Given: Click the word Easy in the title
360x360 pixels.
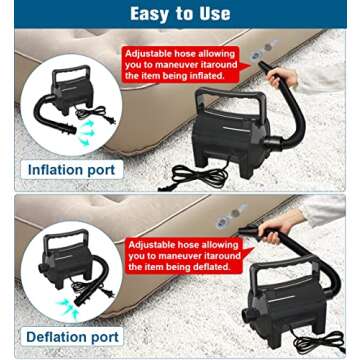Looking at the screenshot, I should point(149,14).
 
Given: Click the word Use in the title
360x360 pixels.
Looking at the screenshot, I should point(212,14).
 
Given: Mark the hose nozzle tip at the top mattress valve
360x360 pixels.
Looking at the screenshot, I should point(262,66).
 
